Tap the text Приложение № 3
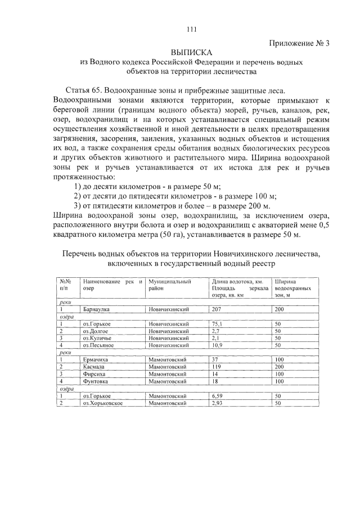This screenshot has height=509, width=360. pyautogui.click(x=298, y=43)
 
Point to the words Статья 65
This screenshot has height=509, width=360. pyautogui.click(x=84, y=91)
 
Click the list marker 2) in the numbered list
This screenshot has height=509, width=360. pyautogui.click(x=79, y=196)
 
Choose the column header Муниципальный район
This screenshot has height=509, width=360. pyautogui.click(x=167, y=283)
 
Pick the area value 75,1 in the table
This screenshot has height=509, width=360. pyautogui.click(x=217, y=324)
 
